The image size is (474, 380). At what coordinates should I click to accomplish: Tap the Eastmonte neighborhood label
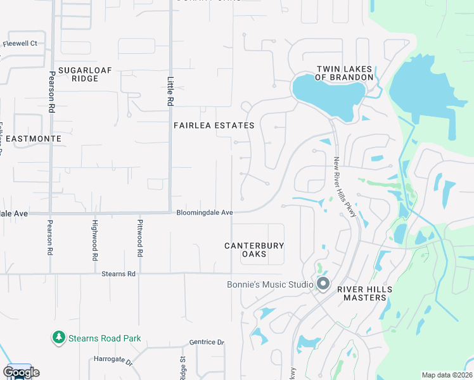pos(31,138)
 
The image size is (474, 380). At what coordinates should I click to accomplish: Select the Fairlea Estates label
pos(214,125)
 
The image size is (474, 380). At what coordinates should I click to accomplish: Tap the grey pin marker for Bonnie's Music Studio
pos(323,284)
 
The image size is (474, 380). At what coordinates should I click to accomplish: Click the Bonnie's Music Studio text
pos(270,284)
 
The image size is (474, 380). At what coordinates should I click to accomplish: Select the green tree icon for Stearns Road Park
pos(58,338)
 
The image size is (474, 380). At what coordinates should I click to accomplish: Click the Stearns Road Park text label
pos(105,339)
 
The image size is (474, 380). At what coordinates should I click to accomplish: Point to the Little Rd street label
pos(170,91)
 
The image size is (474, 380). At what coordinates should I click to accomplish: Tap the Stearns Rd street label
pos(118,274)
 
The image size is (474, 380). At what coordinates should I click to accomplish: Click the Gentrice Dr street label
pos(207,342)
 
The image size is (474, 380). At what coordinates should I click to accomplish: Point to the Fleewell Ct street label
pos(20,44)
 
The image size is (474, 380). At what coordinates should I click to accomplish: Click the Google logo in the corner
pos(21,372)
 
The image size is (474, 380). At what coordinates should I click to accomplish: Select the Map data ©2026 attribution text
pos(447,375)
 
